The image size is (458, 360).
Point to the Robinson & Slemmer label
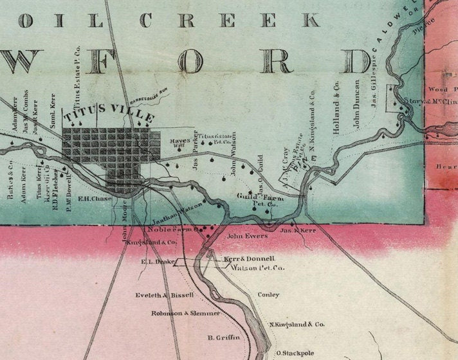click(x=185, y=313)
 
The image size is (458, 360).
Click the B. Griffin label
click(x=223, y=337)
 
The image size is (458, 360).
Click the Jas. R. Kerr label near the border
click(x=300, y=230)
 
